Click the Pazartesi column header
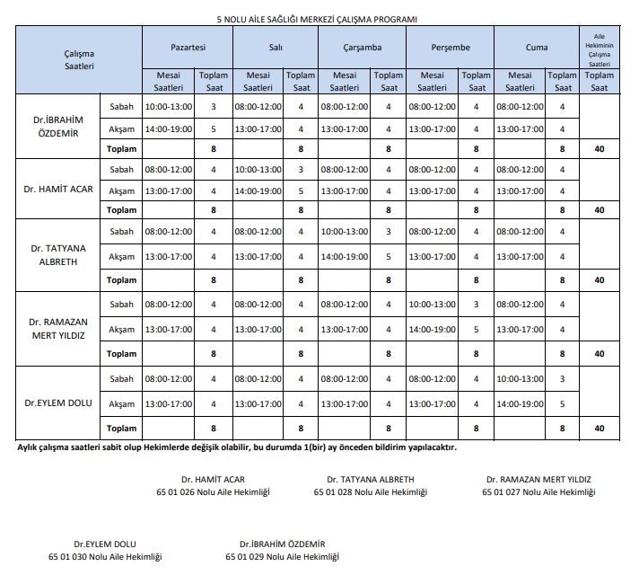(188, 47)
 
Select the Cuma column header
(538, 47)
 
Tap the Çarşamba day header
(363, 47)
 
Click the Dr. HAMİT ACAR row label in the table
(57, 190)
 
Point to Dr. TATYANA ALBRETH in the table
(57, 253)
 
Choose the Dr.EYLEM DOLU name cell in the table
(57, 403)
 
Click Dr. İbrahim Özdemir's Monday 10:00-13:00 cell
(169, 107)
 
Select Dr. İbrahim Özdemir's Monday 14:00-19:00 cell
(169, 128)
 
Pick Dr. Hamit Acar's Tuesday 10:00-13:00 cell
(258, 169)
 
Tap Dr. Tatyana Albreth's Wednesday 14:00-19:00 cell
(345, 256)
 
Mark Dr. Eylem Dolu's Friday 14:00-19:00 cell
(520, 403)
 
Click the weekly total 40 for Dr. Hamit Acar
(599, 210)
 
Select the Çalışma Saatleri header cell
(79, 60)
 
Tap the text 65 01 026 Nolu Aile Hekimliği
(212, 492)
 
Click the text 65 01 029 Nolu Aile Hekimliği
(282, 557)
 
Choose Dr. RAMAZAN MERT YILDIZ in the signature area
(538, 480)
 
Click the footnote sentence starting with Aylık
(237, 447)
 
